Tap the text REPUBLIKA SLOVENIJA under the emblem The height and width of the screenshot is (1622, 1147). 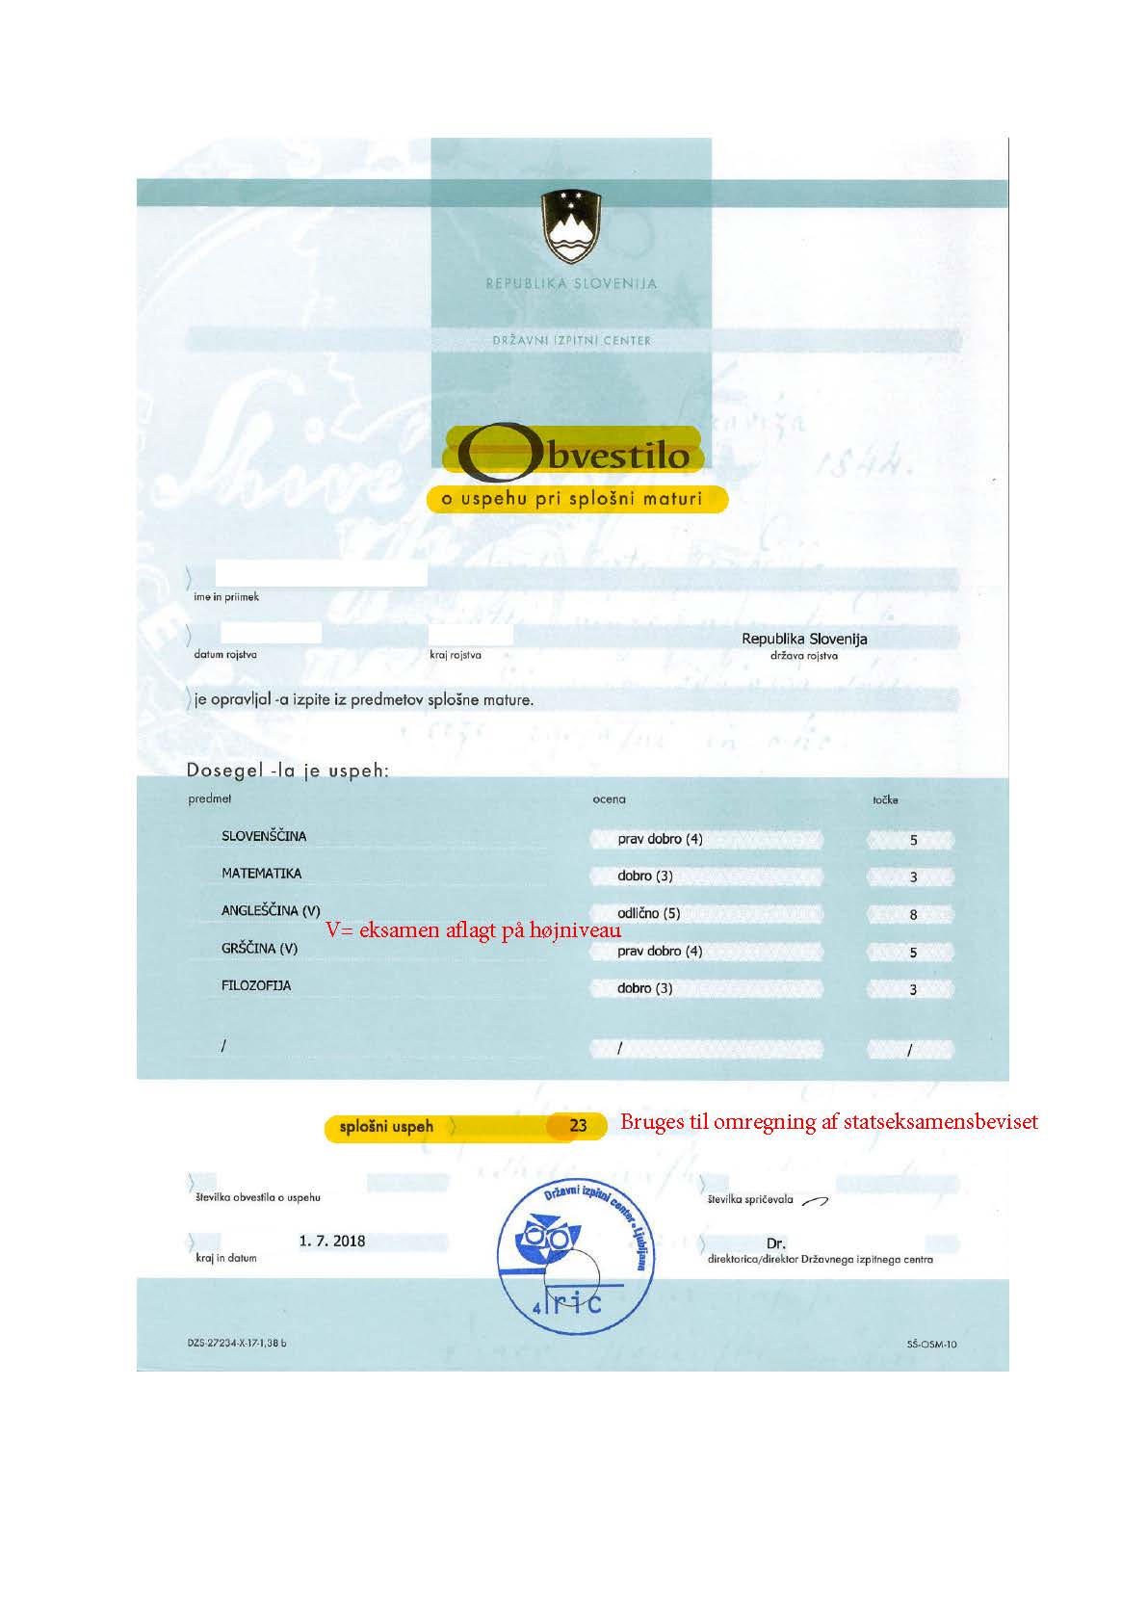click(x=571, y=284)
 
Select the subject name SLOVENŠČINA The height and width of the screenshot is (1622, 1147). click(x=264, y=836)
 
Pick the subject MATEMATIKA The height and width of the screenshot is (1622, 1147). click(x=261, y=874)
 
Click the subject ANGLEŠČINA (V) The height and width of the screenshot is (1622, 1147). click(x=271, y=910)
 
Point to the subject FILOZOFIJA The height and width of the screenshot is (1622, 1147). click(x=256, y=985)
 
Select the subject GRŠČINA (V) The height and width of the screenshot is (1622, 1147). click(x=259, y=949)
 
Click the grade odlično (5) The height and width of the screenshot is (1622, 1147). click(x=648, y=913)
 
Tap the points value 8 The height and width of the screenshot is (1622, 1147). click(x=913, y=915)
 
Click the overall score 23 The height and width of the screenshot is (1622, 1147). click(x=578, y=1126)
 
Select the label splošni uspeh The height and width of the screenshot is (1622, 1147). click(x=386, y=1126)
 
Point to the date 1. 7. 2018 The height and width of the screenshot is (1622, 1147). click(x=332, y=1241)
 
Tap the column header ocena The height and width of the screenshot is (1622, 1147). click(x=609, y=798)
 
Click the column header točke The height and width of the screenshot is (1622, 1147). click(x=885, y=799)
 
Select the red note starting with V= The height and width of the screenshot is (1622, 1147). click(x=473, y=930)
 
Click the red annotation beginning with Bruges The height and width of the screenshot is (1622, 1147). click(x=828, y=1122)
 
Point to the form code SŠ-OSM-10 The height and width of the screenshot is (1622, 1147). click(x=931, y=1345)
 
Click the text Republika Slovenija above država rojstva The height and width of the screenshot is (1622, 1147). click(x=804, y=639)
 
